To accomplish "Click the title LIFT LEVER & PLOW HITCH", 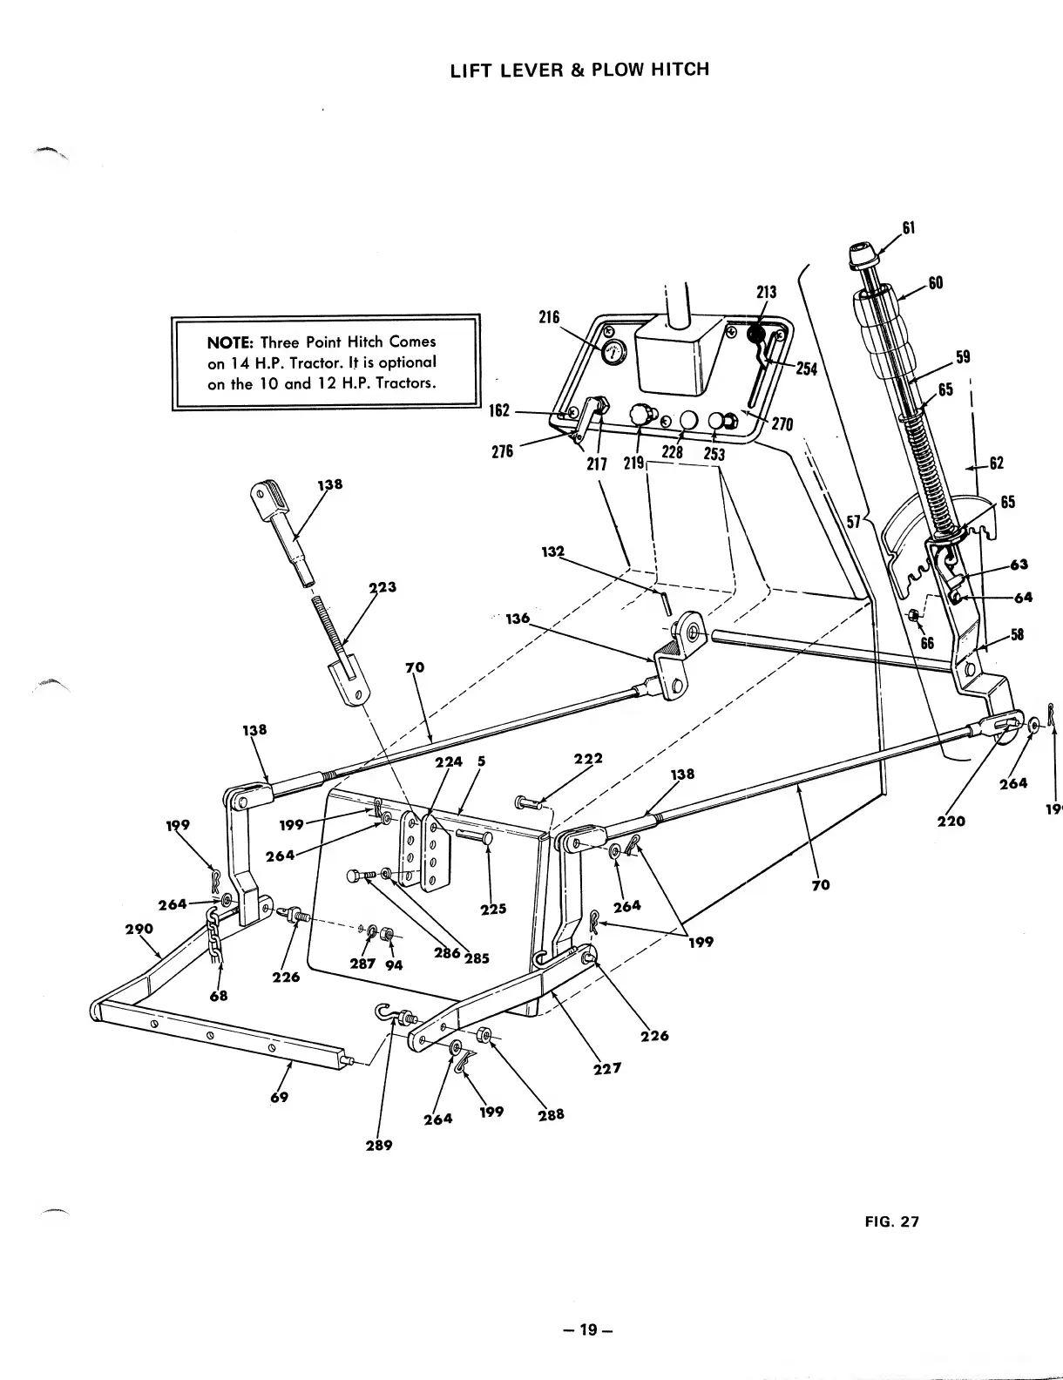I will (579, 69).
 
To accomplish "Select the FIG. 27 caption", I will (891, 1221).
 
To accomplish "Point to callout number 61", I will (908, 228).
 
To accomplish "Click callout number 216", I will (548, 317).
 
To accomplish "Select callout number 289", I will (379, 1145).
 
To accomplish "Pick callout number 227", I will (606, 1067).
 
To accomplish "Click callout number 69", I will (279, 1097).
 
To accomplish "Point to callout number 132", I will (553, 551).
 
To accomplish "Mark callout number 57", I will (854, 521).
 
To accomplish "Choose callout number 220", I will (951, 821).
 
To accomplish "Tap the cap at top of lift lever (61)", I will (862, 259).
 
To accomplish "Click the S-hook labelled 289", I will (386, 1012).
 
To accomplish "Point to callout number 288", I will (551, 1114).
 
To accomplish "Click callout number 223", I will (383, 587).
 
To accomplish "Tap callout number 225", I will (493, 910).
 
